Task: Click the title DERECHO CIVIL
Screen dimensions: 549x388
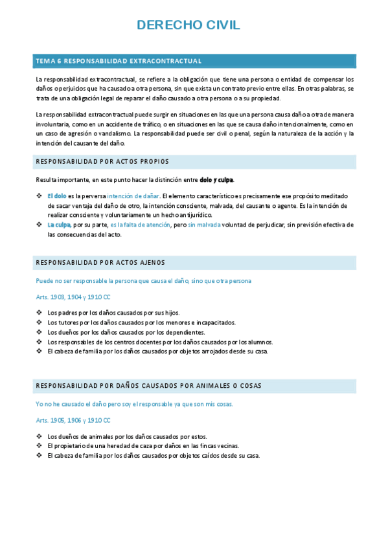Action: (188, 25)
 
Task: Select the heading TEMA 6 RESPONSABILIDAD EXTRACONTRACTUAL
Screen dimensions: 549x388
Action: (119, 61)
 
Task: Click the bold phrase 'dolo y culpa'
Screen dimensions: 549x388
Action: (216, 179)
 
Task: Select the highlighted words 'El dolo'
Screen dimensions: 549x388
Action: (56, 196)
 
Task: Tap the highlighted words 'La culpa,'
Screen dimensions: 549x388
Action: (59, 225)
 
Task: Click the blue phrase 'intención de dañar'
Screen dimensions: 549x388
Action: (133, 196)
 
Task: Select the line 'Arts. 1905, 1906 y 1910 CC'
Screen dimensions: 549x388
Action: (74, 420)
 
